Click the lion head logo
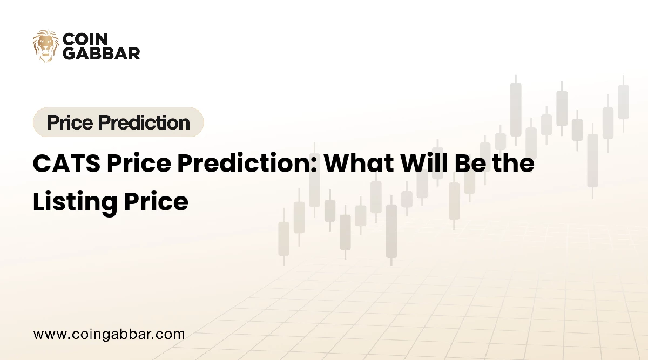pos(45,46)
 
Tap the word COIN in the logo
pos(85,39)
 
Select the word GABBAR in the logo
pos(102,53)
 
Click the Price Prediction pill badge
pos(118,123)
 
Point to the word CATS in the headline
pos(66,164)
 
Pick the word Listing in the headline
pos(75,202)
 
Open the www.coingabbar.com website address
pos(109,335)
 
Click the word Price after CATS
pos(139,164)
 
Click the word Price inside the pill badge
pos(70,123)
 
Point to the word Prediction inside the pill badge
pos(144,123)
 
